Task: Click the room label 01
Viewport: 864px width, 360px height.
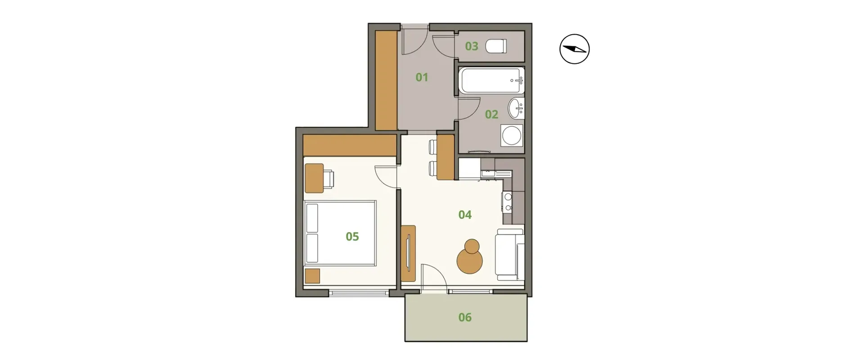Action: (x=422, y=77)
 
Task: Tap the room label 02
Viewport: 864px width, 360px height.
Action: (x=491, y=114)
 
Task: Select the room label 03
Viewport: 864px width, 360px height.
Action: (x=472, y=46)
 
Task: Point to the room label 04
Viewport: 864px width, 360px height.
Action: (x=465, y=215)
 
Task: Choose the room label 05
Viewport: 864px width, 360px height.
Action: (x=352, y=236)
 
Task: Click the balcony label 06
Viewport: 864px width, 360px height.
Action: (x=465, y=317)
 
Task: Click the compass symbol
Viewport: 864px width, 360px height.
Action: (x=575, y=49)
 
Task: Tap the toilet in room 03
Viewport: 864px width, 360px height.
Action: (x=497, y=46)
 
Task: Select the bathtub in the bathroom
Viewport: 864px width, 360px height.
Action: (x=491, y=81)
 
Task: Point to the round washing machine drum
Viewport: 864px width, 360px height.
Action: (x=512, y=135)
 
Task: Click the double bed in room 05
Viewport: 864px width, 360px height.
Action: (x=340, y=233)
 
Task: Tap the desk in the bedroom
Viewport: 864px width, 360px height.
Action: (x=314, y=178)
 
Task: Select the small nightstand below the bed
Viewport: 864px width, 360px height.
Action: (x=312, y=276)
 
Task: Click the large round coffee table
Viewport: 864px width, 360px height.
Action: (x=470, y=261)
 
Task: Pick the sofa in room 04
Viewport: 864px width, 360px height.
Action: (x=510, y=254)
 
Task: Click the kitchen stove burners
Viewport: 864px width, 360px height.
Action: (x=508, y=202)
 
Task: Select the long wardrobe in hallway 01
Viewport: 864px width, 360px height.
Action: (x=386, y=81)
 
